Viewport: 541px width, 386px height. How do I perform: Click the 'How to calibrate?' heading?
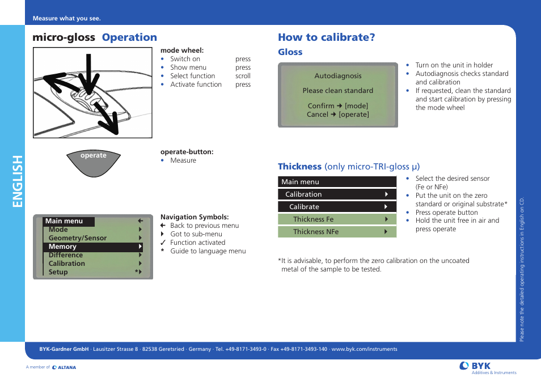[326, 37]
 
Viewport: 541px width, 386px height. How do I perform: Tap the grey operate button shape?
[94, 164]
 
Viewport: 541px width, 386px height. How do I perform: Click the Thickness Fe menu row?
[337, 219]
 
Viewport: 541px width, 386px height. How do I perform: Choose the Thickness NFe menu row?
[337, 232]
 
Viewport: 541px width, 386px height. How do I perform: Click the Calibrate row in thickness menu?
[337, 207]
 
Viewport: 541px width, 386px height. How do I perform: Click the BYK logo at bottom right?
[475, 366]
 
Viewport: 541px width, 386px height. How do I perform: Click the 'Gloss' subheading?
[290, 52]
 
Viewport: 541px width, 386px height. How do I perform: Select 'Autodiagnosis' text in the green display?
[337, 76]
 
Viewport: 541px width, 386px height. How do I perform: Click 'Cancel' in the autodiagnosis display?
[318, 114]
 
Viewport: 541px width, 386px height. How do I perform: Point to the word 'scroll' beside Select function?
[243, 76]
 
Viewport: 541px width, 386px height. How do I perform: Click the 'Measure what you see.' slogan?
[66, 19]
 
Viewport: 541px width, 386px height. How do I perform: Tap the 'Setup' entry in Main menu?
[58, 272]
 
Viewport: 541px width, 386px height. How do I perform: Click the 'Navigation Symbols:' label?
[195, 217]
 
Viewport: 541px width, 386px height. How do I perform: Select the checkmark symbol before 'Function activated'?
[163, 243]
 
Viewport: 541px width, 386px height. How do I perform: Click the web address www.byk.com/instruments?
[364, 349]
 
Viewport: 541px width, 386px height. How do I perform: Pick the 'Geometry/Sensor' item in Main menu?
[77, 239]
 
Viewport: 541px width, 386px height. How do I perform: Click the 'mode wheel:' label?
[181, 50]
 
